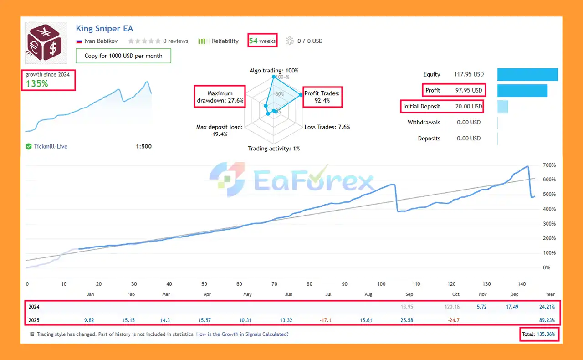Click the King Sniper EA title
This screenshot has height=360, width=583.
104,28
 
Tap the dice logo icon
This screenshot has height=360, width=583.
46,43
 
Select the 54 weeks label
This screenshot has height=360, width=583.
262,41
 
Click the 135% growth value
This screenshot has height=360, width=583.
37,83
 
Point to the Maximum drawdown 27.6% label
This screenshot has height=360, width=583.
220,97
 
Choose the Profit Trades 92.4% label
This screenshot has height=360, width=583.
322,97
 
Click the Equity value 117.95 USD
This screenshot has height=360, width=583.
469,74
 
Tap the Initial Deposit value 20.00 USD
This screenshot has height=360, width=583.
469,106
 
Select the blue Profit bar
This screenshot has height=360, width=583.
522,90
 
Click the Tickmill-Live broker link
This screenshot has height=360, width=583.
51,146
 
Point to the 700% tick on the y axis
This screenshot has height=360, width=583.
549,165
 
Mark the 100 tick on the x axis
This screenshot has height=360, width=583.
381,284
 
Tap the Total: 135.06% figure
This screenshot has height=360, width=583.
540,334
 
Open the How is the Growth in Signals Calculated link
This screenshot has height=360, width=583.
242,334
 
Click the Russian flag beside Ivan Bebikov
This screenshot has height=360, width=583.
79,41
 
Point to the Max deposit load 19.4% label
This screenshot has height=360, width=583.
219,130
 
